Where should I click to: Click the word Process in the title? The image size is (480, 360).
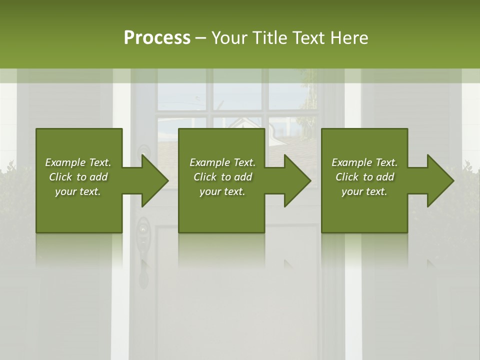pos(157,38)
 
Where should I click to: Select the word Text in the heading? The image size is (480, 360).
pos(308,38)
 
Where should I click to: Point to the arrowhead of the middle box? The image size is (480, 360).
pos(297,180)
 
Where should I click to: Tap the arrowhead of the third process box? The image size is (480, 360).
pos(440,180)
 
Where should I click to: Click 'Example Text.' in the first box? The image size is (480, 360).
pos(78,162)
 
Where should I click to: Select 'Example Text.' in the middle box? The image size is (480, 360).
pos(222,162)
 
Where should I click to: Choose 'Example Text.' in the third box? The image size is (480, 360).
pos(364,162)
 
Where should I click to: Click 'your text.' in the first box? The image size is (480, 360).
pos(78,191)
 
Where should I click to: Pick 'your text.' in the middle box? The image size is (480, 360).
pos(222,191)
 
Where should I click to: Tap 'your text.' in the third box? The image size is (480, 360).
pos(364,191)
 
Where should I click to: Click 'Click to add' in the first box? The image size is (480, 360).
pos(78,177)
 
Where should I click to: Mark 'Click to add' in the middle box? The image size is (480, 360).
pos(222,177)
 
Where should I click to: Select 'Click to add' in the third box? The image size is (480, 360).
pos(364,177)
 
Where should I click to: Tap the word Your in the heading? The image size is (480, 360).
pos(230,38)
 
